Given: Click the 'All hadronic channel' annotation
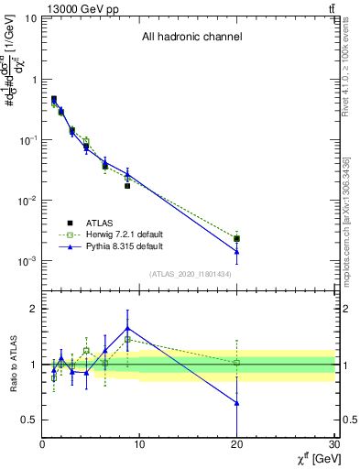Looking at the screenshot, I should click(191, 38).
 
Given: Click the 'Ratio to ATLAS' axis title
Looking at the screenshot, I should click(12, 364).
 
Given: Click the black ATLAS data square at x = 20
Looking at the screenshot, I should click(237, 239).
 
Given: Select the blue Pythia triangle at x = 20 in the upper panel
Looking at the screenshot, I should click(237, 251).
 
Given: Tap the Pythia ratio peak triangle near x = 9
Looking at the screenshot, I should click(127, 327).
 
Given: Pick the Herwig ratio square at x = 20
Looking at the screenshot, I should click(237, 363).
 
